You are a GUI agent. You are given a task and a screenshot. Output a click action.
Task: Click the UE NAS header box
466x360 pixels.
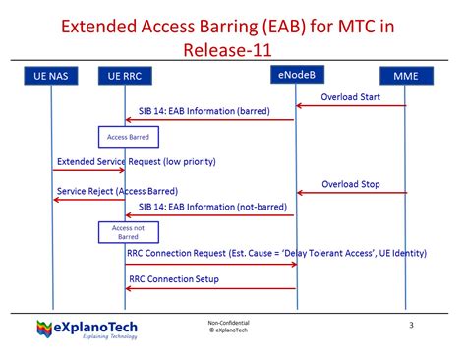(53, 75)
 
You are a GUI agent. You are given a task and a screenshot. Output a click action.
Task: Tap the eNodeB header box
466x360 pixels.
(296, 73)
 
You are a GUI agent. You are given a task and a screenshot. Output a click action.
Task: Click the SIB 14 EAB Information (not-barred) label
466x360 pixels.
(211, 208)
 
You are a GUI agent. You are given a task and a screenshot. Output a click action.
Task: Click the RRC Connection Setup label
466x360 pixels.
(174, 279)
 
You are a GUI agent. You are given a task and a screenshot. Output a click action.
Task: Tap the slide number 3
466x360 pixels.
(411, 324)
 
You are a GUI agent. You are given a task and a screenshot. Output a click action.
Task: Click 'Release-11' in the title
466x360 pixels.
(233, 48)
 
